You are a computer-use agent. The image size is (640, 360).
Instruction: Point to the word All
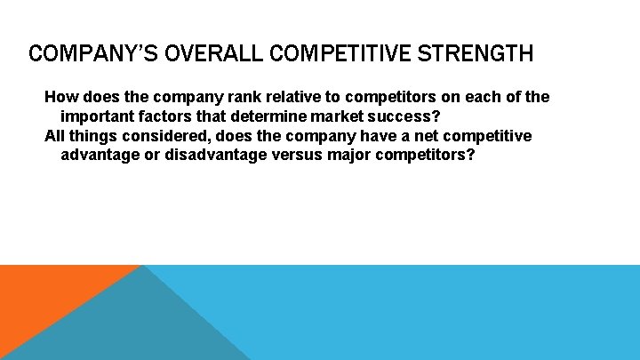click(55, 135)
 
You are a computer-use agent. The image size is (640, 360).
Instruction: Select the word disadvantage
click(217, 155)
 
